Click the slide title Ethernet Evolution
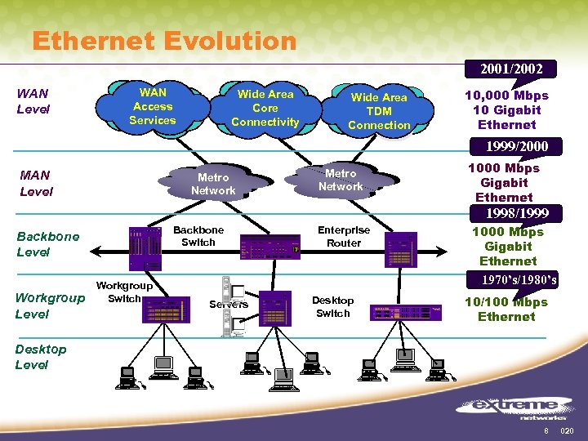[163, 41]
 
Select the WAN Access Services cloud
[153, 107]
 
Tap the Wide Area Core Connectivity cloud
[265, 108]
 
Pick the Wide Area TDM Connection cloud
[379, 111]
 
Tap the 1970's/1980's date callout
[520, 280]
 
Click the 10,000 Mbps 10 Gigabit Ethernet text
[506, 110]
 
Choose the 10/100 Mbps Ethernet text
[506, 310]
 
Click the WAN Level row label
[33, 101]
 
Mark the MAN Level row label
[36, 183]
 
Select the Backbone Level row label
[48, 244]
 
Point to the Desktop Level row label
[41, 357]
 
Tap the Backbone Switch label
[198, 236]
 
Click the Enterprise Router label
[344, 236]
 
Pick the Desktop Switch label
[332, 307]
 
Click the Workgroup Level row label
[50, 305]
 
